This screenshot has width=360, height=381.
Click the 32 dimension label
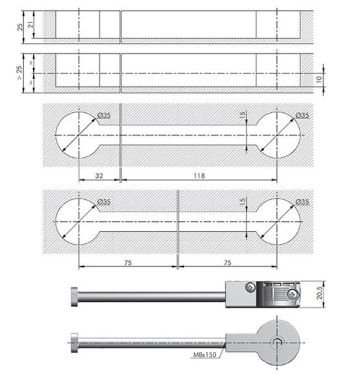tap(99, 175)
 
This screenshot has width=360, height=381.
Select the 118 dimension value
tap(199, 175)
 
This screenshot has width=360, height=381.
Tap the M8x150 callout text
tap(204, 354)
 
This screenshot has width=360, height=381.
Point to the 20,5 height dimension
tap(320, 293)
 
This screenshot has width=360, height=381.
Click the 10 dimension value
tap(319, 79)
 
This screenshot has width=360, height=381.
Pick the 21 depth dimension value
tap(31, 25)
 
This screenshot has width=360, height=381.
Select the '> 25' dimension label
tap(19, 72)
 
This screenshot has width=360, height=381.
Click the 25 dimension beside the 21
tap(20, 27)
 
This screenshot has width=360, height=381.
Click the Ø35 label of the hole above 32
tap(104, 115)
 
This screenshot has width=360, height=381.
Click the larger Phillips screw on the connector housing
tap(293, 295)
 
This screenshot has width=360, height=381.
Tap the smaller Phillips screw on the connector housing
tap(250, 287)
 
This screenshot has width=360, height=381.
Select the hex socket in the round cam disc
tap(277, 343)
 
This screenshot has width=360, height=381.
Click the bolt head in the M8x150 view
tap(75, 343)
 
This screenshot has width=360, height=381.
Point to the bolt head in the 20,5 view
tap(75, 297)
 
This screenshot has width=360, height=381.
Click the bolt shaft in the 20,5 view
tap(152, 297)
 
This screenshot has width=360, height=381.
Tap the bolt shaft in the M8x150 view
tap(152, 343)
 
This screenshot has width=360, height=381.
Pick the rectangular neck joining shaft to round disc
tap(241, 343)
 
